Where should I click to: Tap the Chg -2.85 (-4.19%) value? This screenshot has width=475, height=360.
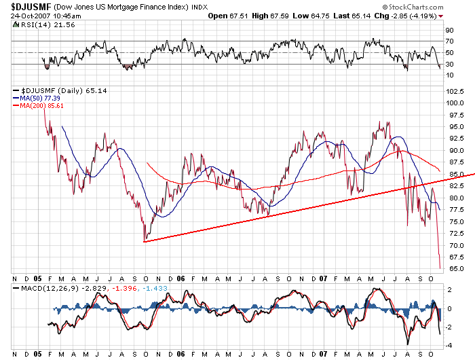click(x=408, y=16)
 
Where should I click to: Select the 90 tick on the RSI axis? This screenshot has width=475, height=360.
click(x=449, y=31)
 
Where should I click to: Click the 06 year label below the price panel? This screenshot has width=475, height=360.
click(x=181, y=279)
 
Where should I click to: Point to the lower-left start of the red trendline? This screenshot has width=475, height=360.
click(x=145, y=241)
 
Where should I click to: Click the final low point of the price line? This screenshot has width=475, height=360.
click(x=440, y=268)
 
